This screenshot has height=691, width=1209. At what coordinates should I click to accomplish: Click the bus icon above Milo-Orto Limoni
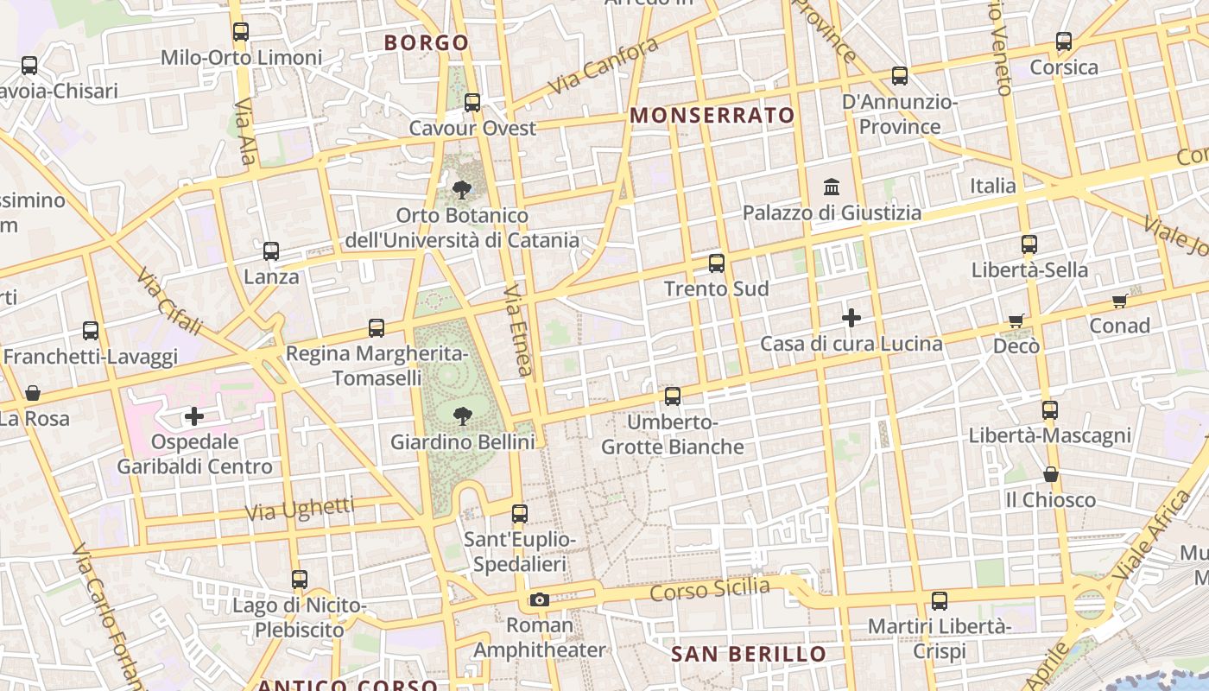(x=241, y=32)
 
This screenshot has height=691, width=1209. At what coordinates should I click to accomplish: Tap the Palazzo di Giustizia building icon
(x=832, y=187)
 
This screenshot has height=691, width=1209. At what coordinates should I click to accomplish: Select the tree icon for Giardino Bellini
(x=462, y=416)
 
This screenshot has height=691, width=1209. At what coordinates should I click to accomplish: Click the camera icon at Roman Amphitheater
(x=539, y=599)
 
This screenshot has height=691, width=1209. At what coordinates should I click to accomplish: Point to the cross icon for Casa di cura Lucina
(x=851, y=318)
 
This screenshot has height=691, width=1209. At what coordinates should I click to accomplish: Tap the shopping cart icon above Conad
(x=1120, y=301)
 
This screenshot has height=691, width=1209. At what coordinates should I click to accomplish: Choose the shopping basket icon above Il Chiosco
(x=1051, y=474)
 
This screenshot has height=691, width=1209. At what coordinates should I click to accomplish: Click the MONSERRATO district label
(x=712, y=115)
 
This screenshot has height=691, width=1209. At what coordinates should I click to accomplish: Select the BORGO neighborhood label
(x=427, y=42)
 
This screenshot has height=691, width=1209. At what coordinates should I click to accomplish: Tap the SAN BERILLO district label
(x=749, y=654)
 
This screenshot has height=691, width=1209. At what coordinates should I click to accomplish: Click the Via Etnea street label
(x=517, y=330)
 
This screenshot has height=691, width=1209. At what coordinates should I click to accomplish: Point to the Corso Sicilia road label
(x=709, y=590)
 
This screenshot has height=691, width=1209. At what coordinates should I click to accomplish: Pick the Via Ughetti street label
(x=300, y=509)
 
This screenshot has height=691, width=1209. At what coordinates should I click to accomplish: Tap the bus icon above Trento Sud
(x=717, y=263)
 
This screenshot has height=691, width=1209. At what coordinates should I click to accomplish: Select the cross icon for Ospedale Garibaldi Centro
(x=194, y=417)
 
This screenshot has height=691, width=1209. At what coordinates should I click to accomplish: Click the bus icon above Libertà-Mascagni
(x=1050, y=410)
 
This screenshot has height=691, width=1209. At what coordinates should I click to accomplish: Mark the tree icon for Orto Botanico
(x=462, y=189)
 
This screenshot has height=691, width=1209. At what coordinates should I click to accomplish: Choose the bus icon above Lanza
(x=271, y=251)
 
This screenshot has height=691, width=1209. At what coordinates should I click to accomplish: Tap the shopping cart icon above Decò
(x=1016, y=320)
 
